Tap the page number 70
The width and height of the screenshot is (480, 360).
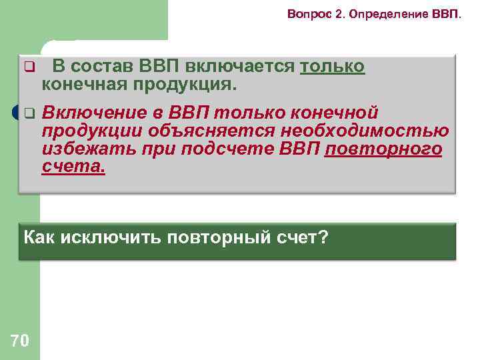20,341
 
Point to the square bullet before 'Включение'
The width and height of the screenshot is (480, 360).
29,113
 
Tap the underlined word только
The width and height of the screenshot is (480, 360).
333,67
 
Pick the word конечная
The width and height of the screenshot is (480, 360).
83,85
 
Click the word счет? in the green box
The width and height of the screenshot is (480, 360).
302,237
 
